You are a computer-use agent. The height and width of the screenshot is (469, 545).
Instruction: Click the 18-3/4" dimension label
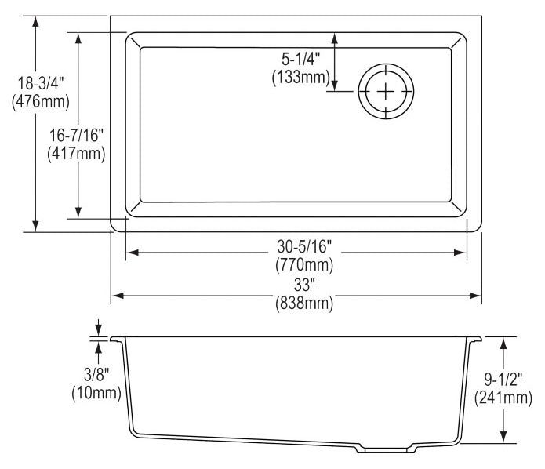41,83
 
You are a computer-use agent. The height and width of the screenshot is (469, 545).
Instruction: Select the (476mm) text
41,102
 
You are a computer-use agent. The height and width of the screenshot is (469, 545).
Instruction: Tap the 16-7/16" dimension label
77,135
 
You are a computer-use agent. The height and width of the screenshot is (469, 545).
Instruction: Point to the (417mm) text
77,154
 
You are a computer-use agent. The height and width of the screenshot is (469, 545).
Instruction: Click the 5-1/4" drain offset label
300,59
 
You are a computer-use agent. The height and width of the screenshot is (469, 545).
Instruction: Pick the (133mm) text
300,77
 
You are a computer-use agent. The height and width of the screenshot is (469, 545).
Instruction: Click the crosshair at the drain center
386,91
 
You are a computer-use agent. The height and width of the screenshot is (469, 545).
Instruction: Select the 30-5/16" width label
304,246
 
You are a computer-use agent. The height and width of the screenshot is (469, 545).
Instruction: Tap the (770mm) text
304,265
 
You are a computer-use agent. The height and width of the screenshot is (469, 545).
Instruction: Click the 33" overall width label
304,285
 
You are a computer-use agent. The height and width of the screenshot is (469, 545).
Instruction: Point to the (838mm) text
304,304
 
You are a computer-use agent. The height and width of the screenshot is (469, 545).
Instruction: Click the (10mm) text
96,393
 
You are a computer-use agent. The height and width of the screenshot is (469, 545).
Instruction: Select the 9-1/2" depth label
503,379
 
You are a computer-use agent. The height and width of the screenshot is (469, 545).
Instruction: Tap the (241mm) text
503,398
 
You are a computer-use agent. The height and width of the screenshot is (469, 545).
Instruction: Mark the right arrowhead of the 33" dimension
475,296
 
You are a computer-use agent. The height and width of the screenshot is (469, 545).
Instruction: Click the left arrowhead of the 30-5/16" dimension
133,253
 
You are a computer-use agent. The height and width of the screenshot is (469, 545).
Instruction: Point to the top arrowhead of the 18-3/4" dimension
35,22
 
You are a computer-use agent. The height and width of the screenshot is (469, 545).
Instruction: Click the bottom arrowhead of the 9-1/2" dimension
503,437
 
